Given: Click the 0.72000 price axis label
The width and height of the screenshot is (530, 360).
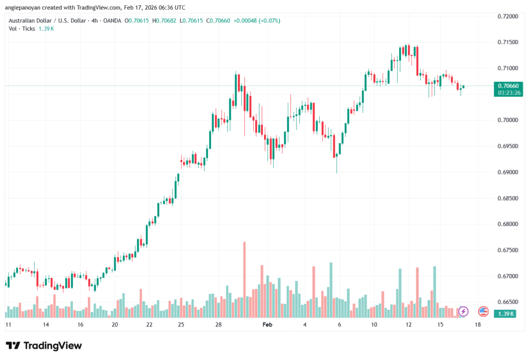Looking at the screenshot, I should [x=507, y=17].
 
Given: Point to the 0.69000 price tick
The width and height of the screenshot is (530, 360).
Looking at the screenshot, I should [x=507, y=172].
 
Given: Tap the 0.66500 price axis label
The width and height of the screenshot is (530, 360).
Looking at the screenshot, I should [x=507, y=302].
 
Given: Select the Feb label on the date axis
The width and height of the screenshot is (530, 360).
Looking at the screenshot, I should [x=267, y=325].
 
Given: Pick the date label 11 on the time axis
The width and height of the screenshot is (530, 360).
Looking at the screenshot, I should [x=8, y=325].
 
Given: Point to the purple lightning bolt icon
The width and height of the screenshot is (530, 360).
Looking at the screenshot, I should [x=464, y=311].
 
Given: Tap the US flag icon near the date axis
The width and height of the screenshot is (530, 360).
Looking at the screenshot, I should [x=483, y=311].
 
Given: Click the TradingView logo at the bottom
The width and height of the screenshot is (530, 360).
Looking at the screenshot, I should [x=43, y=346].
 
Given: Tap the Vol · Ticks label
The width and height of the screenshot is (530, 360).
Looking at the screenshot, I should [x=22, y=28].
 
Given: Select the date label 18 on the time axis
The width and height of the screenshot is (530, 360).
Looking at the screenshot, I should [x=477, y=325].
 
